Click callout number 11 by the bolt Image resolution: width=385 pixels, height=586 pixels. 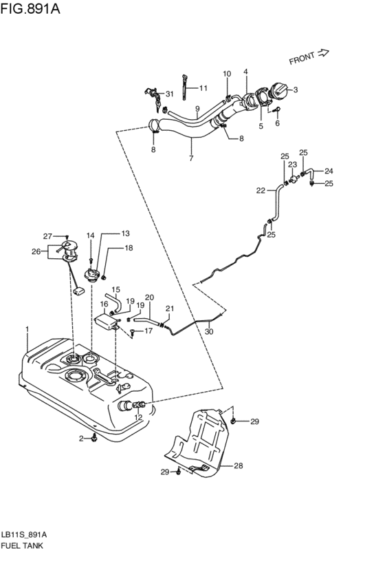tap(203, 88)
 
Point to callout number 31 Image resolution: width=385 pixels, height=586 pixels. tap(170, 94)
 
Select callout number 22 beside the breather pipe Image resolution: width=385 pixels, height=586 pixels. tap(261, 191)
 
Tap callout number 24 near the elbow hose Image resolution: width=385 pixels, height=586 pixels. tap(329, 171)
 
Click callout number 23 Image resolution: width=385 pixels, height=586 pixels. tap(292, 165)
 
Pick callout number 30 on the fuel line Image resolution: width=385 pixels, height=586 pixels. tap(208, 331)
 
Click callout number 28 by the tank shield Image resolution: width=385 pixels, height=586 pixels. tap(239, 466)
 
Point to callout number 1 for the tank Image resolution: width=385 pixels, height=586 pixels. tap(27, 328)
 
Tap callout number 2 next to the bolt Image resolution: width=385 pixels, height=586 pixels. tap(81, 439)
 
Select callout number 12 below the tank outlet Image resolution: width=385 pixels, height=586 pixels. tap(138, 417)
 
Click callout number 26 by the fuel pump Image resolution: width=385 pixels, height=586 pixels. tap(36, 251)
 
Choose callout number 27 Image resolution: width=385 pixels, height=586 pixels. tap(47, 236)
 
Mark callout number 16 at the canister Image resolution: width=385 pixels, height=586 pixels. tap(104, 304)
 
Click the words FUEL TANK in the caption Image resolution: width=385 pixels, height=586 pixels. tap(23, 545)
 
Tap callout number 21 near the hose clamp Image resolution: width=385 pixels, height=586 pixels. tap(169, 308)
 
